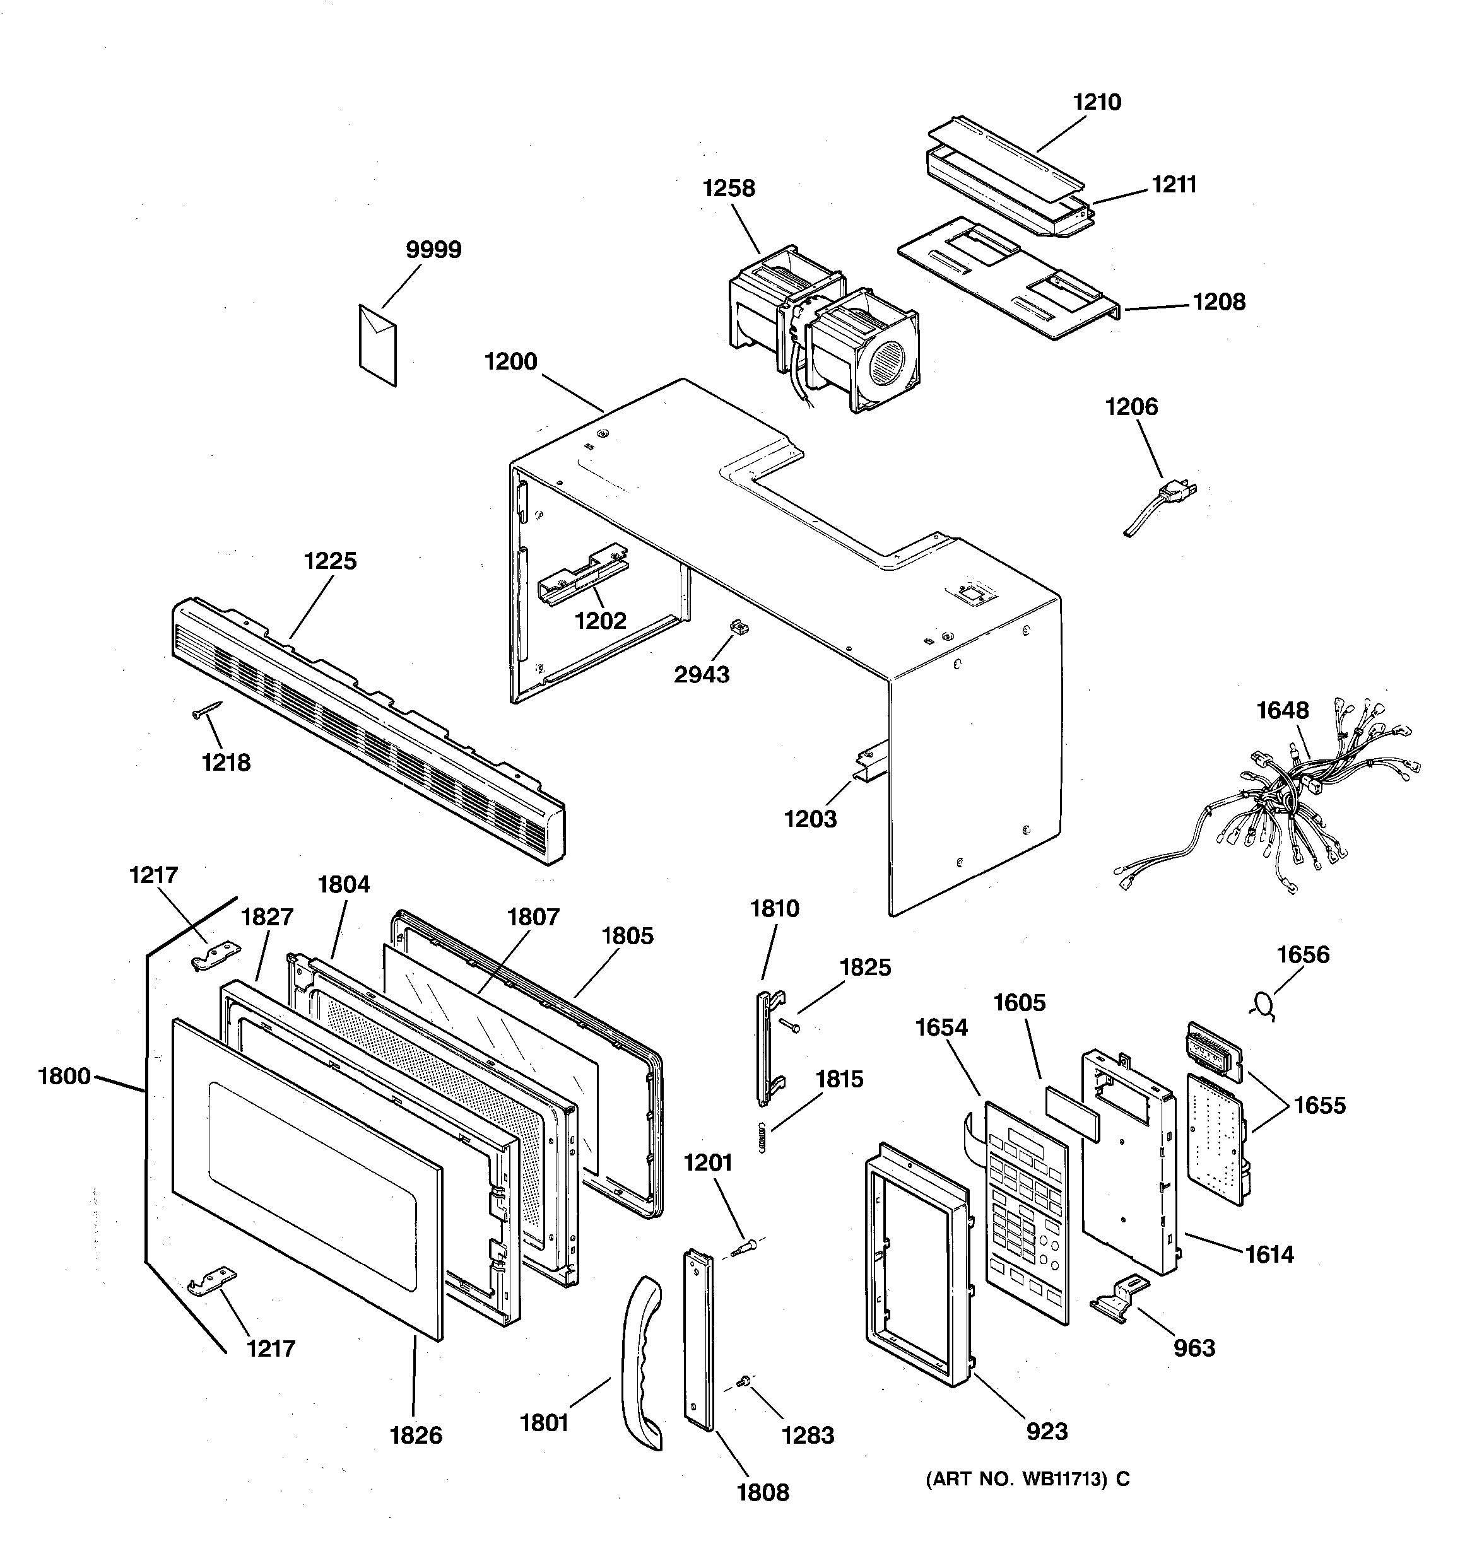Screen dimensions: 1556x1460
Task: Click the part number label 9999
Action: point(433,250)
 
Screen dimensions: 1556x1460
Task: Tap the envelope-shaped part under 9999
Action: point(377,344)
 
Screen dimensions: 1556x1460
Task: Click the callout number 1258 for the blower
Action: point(728,188)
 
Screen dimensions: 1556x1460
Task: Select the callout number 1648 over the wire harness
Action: point(1282,710)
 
